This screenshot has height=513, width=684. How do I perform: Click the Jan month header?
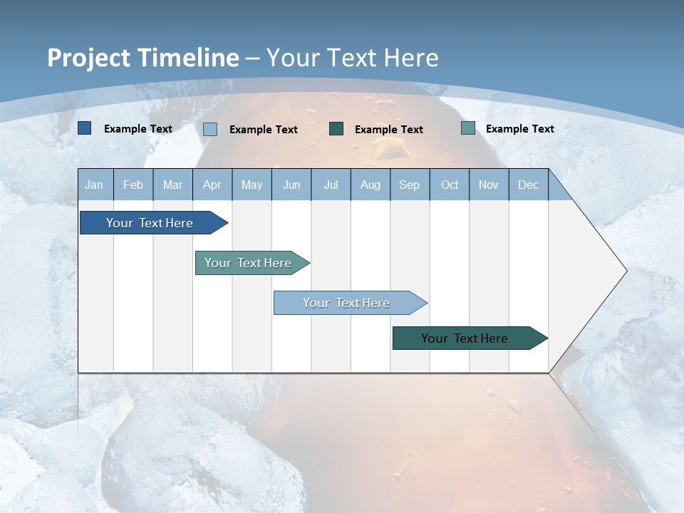coord(95,185)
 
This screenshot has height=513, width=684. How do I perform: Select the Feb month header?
coord(133,185)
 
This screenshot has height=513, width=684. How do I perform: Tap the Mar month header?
coord(172,185)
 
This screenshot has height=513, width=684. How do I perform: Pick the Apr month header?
coord(212,185)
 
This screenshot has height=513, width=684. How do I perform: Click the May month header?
coord(252,185)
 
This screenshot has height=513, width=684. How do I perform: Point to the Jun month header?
coord(291,185)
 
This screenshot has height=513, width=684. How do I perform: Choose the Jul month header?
coord(331,185)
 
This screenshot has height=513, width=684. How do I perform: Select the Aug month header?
coord(370,185)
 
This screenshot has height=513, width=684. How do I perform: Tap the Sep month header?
coord(410,185)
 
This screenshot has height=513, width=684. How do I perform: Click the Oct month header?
coord(450,185)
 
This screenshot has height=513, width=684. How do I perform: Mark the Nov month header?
coord(489,185)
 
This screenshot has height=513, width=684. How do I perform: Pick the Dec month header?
coord(529,185)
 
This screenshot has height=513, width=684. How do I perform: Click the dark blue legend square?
coord(84,128)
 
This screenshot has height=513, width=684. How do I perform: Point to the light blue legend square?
coord(210,129)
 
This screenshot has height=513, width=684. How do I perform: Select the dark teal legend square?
coord(336,129)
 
